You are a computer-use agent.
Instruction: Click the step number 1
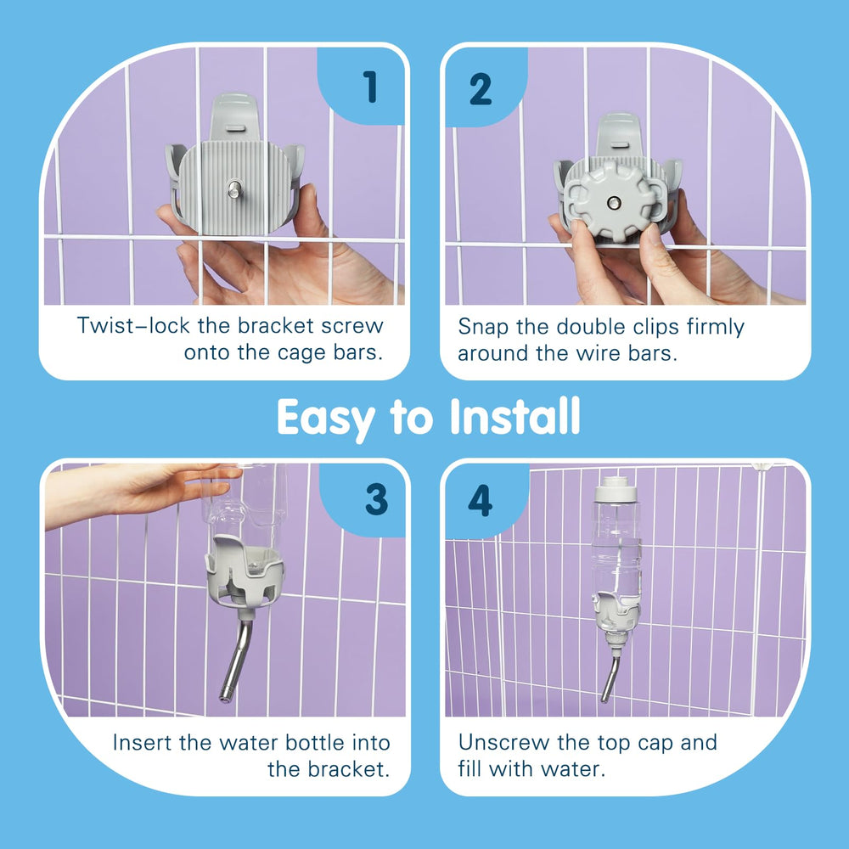click(371, 87)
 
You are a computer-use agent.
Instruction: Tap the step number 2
click(481, 89)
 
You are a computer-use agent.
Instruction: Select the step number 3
click(377, 499)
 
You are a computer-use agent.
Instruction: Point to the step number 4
click(481, 501)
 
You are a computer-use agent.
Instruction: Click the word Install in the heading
click(515, 416)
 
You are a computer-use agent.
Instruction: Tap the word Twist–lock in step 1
click(134, 325)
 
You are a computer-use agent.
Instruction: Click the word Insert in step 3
click(143, 742)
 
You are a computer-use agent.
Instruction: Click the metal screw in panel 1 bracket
click(234, 189)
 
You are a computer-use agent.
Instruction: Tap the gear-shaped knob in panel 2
click(612, 202)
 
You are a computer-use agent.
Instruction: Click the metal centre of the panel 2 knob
click(614, 203)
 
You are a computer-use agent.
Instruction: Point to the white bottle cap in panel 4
click(616, 489)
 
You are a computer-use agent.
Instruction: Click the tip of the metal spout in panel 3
click(224, 697)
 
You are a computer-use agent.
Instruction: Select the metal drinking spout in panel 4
click(610, 678)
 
